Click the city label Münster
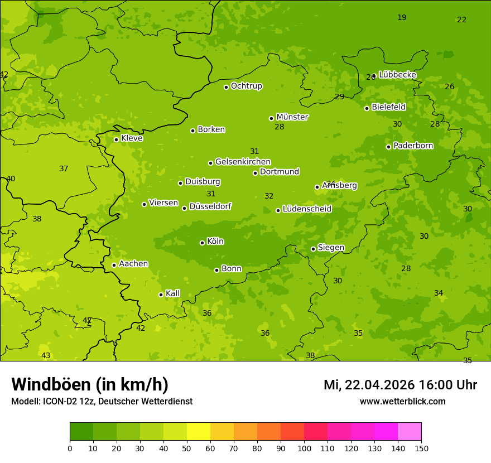pyautogui.click(x=292, y=117)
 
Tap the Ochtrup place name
pyautogui.click(x=246, y=86)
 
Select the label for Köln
pyautogui.click(x=215, y=242)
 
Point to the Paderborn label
pyautogui.click(x=413, y=146)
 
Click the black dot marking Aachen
pyautogui.click(x=114, y=265)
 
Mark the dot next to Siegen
pyautogui.click(x=313, y=249)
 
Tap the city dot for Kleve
pyautogui.click(x=116, y=139)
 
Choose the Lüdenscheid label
pyautogui.click(x=307, y=209)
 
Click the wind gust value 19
pyautogui.click(x=402, y=18)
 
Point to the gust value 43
pyautogui.click(x=46, y=356)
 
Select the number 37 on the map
pyautogui.click(x=64, y=169)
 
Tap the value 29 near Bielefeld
pyautogui.click(x=339, y=97)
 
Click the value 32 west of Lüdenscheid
pyautogui.click(x=269, y=196)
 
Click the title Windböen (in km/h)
pyautogui.click(x=90, y=384)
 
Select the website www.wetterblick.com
pyautogui.click(x=402, y=401)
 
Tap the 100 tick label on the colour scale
pyautogui.click(x=304, y=448)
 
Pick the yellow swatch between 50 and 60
pyautogui.click(x=199, y=432)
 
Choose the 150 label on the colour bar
pyautogui.click(x=421, y=448)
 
